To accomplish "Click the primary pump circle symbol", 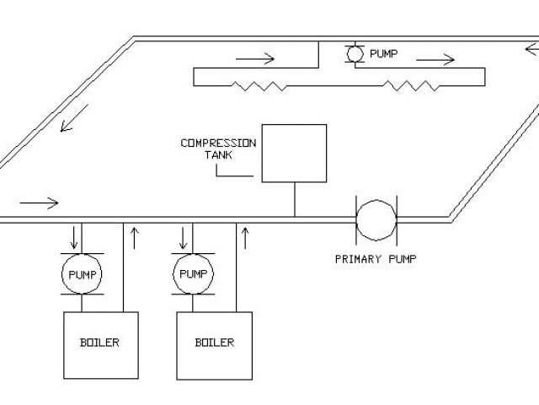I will (376, 220).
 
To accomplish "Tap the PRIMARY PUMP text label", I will (376, 258).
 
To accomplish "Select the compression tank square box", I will (293, 153).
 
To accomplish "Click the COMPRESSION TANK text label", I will (218, 148).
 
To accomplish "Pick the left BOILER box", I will (100, 344).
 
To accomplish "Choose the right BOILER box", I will (215, 344).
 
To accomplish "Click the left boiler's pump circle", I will (82, 274).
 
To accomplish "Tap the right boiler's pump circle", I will (193, 274).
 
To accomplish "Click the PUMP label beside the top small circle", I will (383, 54).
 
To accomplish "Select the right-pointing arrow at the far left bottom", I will (38, 202).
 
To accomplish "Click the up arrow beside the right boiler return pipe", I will (245, 237).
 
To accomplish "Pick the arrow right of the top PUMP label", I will (435, 60).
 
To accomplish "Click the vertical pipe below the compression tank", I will (294, 200).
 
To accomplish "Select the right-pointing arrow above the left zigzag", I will (255, 59).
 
